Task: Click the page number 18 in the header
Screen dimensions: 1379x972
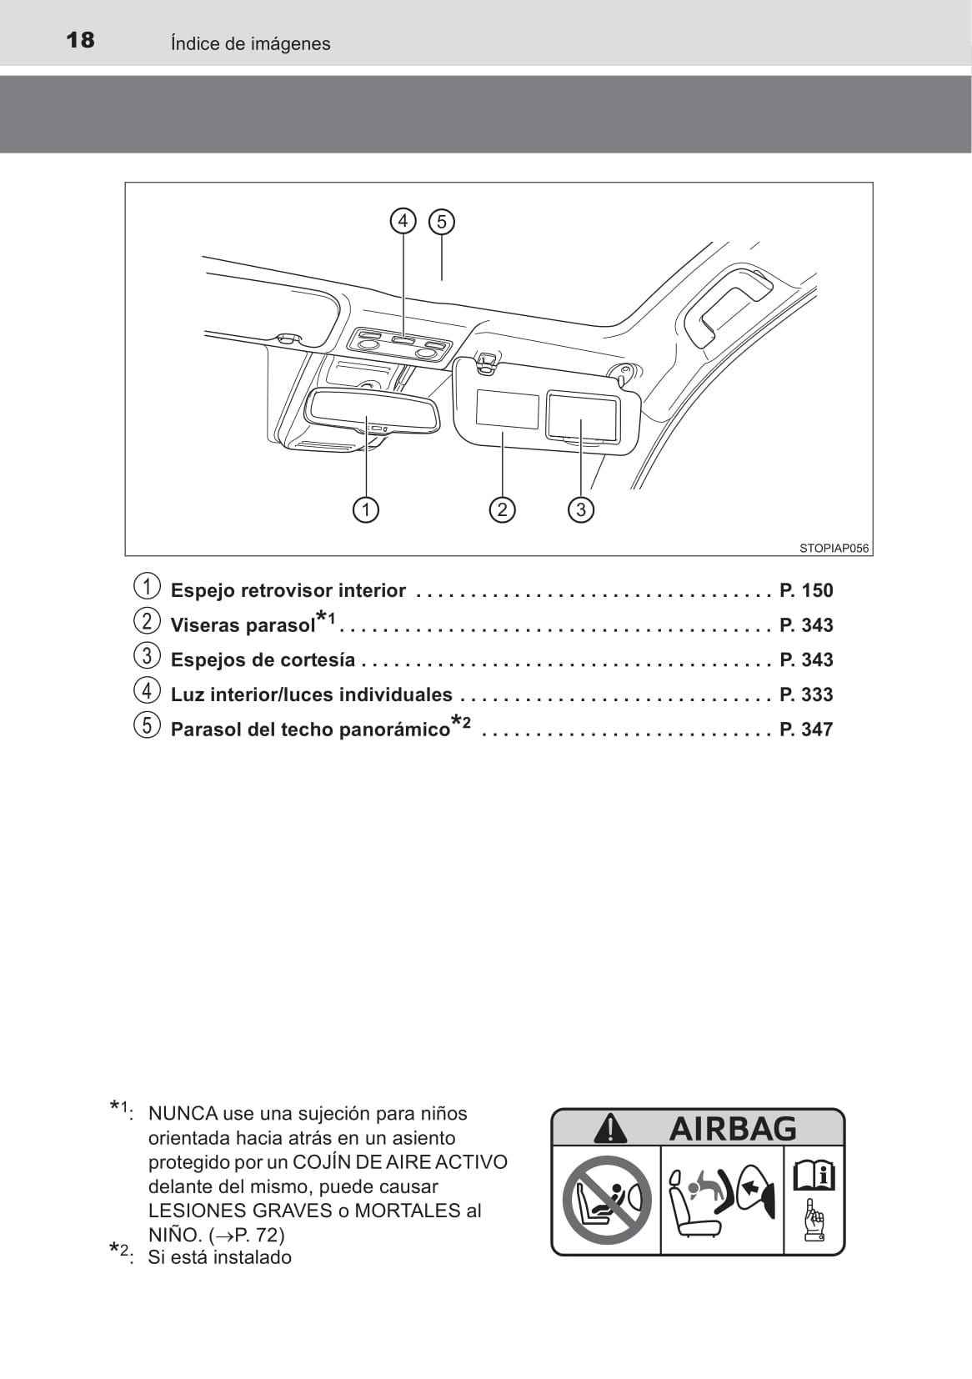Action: click(x=80, y=40)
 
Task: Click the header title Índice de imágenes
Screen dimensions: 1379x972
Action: click(x=250, y=43)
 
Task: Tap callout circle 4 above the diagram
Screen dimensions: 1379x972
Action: click(x=403, y=221)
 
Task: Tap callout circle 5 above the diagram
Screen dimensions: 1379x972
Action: click(x=442, y=222)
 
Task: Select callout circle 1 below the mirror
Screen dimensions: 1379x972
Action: click(x=366, y=509)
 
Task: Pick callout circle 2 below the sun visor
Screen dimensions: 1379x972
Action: click(x=502, y=509)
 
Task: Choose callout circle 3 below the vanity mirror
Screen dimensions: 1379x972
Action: click(x=581, y=509)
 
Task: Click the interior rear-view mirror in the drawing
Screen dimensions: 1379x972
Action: click(x=372, y=409)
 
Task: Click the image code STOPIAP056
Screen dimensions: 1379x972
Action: click(x=833, y=548)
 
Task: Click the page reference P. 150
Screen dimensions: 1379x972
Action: click(x=805, y=590)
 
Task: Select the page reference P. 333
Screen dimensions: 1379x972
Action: click(x=805, y=695)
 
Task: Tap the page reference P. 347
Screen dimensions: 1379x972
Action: click(x=805, y=730)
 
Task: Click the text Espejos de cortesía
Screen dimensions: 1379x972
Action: click(x=263, y=659)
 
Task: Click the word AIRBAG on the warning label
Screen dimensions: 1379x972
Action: click(x=733, y=1129)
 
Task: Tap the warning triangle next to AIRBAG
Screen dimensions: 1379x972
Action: click(x=610, y=1128)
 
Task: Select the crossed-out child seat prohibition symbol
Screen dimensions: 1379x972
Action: click(x=606, y=1200)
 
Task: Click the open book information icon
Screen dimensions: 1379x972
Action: click(x=814, y=1176)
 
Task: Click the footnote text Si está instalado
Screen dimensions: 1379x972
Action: click(x=219, y=1257)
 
